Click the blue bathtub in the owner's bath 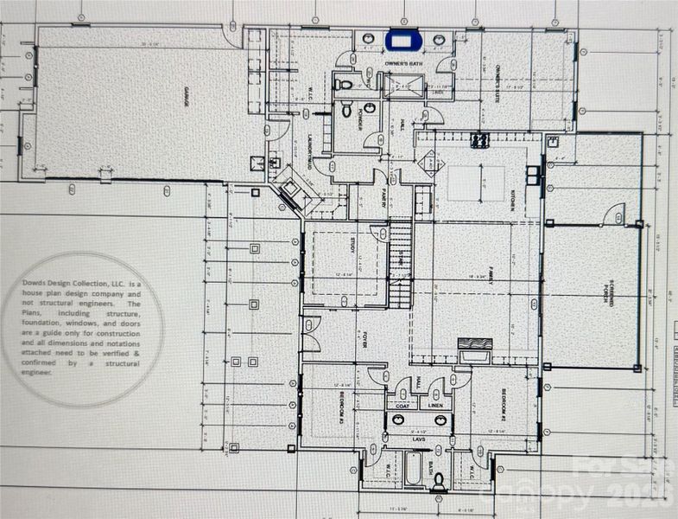click(x=402, y=39)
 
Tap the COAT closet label click(x=402, y=404)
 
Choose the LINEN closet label click(x=437, y=404)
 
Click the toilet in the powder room click(x=345, y=110)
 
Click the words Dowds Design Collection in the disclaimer click(x=78, y=284)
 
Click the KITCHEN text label click(x=511, y=202)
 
